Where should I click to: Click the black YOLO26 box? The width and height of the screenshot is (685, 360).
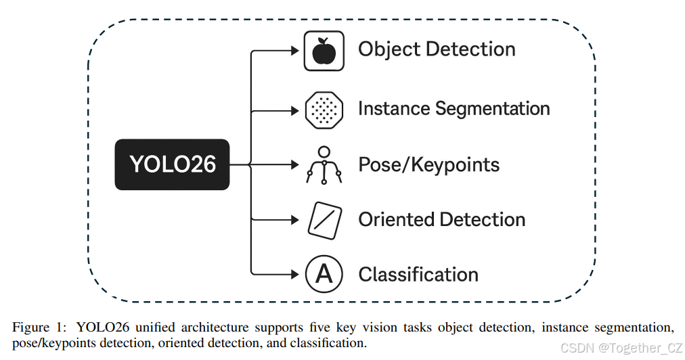tap(172, 164)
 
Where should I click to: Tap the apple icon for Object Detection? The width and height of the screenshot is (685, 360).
tap(324, 50)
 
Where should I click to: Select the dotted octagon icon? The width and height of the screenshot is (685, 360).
tap(324, 109)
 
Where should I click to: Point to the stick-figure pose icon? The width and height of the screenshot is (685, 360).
tap(324, 165)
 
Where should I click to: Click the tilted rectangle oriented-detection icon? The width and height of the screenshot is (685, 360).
tap(324, 220)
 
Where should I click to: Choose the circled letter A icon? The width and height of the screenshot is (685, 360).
tap(324, 274)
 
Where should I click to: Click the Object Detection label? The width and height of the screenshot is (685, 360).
tap(437, 49)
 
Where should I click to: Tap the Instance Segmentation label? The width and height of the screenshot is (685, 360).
tap(454, 109)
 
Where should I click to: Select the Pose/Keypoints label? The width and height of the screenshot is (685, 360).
tap(428, 165)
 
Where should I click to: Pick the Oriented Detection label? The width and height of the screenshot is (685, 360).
tap(441, 220)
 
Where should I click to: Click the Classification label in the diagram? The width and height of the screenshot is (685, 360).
tap(418, 275)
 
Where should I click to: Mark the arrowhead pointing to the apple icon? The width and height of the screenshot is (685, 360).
tap(294, 50)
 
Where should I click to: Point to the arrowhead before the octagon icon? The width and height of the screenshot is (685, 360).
tap(294, 109)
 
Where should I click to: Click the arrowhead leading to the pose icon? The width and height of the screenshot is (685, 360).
tap(294, 164)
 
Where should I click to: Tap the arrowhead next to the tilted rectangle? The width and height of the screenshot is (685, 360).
tap(294, 219)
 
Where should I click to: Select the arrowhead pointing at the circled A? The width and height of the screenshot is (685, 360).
tap(294, 274)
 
